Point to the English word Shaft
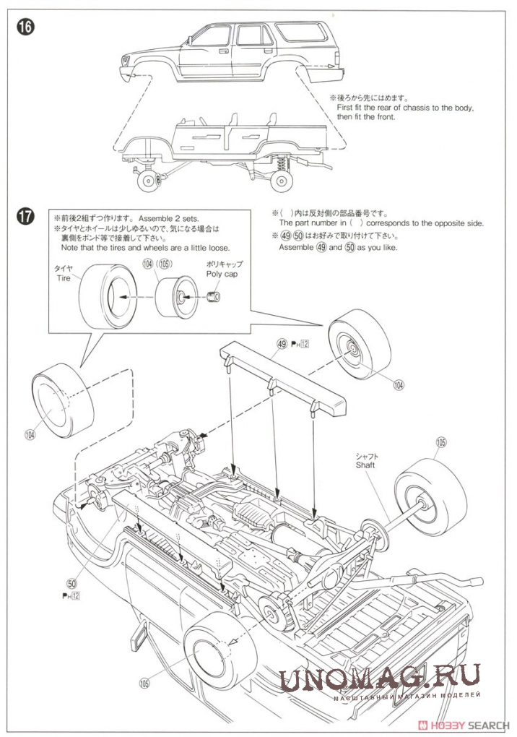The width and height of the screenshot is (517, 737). click(365, 465)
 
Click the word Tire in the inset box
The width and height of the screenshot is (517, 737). click(64, 278)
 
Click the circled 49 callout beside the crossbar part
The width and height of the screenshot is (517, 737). click(281, 344)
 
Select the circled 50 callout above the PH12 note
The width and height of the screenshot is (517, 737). click(71, 582)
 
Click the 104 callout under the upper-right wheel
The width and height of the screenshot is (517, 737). click(399, 385)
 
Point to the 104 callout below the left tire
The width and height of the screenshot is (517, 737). click(30, 434)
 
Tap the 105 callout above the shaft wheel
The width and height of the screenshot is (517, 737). click(441, 442)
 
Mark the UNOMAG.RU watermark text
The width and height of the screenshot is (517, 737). click(379, 680)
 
